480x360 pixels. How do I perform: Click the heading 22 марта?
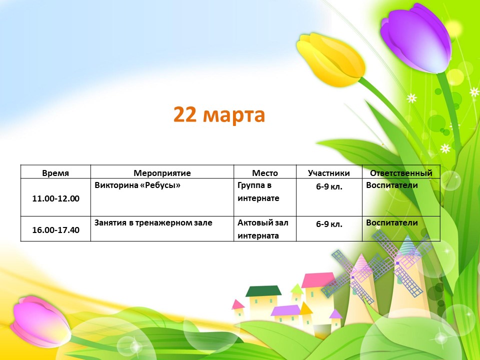click(219, 115)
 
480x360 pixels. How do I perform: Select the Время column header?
click(55, 173)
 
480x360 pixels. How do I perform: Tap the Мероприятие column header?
click(162, 173)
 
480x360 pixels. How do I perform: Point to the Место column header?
click(265, 173)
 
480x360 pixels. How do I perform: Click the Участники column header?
click(329, 173)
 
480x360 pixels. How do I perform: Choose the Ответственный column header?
click(401, 173)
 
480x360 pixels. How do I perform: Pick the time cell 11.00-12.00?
click(55, 198)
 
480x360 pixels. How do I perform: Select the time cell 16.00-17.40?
click(55, 230)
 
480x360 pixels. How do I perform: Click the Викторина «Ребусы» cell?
click(137, 185)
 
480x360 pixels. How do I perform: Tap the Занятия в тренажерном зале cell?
click(153, 223)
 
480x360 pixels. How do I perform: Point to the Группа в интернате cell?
click(258, 191)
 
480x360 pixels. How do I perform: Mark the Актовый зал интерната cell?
click(262, 229)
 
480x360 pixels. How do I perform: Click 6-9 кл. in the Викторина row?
click(329, 186)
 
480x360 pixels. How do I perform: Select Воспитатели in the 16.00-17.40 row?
click(392, 222)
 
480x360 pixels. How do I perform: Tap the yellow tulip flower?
click(331, 59)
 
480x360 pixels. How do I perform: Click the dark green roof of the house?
click(263, 291)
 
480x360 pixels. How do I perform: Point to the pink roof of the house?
click(318, 280)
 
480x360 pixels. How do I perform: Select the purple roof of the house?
click(285, 310)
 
